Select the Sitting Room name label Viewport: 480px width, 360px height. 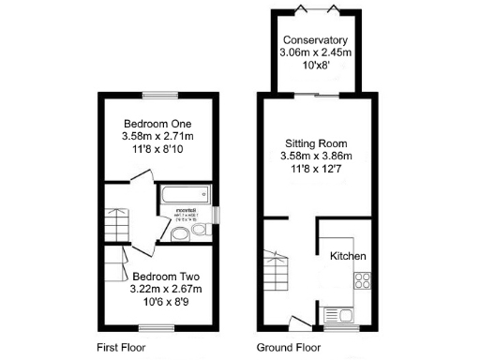(x=318, y=143)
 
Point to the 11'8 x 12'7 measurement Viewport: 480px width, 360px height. (x=318, y=170)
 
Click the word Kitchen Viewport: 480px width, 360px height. (x=347, y=256)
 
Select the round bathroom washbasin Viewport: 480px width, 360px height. (x=178, y=233)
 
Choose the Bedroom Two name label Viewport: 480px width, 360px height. (x=165, y=277)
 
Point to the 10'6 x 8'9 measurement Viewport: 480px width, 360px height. (x=165, y=303)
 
